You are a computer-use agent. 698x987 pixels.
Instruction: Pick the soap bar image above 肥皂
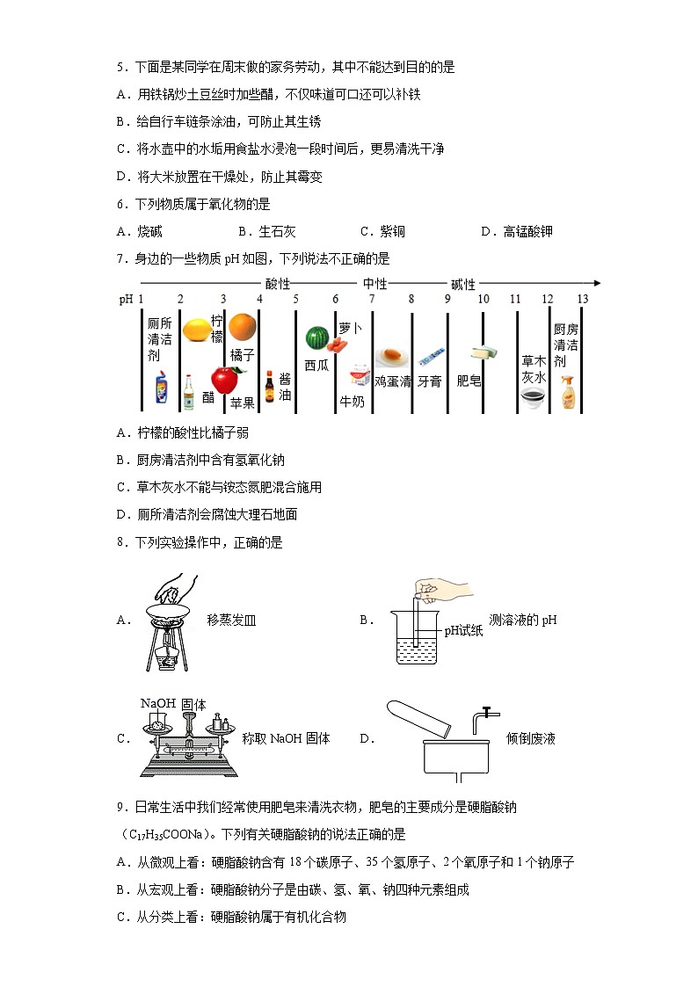[x=484, y=353]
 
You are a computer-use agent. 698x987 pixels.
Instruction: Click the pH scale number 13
[x=582, y=300]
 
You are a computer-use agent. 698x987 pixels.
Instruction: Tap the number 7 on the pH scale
[x=372, y=300]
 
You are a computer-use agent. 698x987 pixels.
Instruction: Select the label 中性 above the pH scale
[x=374, y=284]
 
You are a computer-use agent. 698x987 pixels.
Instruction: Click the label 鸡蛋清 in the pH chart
[x=392, y=382]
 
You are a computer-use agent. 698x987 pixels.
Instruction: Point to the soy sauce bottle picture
[x=270, y=387]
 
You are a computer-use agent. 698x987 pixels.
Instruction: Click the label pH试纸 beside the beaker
[x=463, y=631]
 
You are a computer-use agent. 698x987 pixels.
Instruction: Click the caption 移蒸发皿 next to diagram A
[x=231, y=620]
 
